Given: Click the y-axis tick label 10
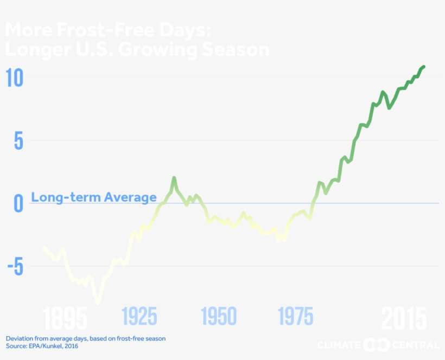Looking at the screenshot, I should (x=15, y=78).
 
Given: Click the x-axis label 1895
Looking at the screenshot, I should (x=65, y=318).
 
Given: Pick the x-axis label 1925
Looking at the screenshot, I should (x=139, y=316).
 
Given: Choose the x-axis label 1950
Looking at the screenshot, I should (x=219, y=316).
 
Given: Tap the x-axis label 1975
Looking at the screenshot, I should (x=296, y=316).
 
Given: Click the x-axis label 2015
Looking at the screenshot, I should (x=404, y=318).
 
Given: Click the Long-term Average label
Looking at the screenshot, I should (x=94, y=197).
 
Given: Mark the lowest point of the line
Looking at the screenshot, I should (x=98, y=303).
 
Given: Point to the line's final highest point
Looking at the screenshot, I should (x=423, y=67).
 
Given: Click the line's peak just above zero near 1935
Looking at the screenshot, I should (x=174, y=178).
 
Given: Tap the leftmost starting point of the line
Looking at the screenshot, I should (x=44, y=248).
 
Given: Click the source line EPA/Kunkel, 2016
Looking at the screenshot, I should (x=42, y=345).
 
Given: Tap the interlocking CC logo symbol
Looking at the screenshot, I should (x=376, y=345).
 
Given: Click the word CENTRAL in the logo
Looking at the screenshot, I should (x=415, y=345).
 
